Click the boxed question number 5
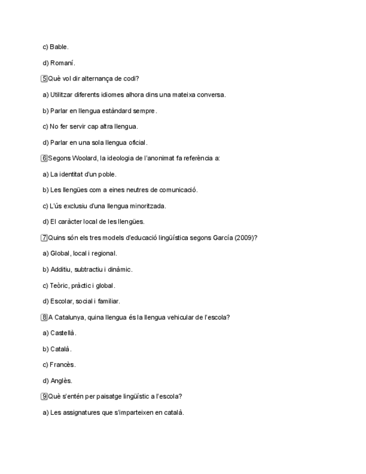tap(44, 79)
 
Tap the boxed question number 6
tap(44, 158)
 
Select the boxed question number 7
tap(44, 238)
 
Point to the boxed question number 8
tap(44, 317)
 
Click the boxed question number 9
tap(44, 397)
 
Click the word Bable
tap(59, 47)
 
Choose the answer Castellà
tap(63, 333)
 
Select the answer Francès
tap(63, 365)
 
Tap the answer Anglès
tap(61, 381)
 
